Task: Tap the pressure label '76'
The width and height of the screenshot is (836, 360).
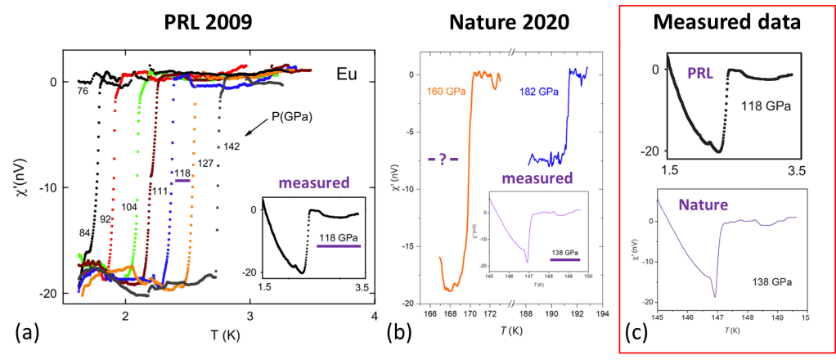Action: tap(83, 91)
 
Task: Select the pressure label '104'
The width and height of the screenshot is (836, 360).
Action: tap(129, 208)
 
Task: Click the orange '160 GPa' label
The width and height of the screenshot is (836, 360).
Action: tap(444, 92)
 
